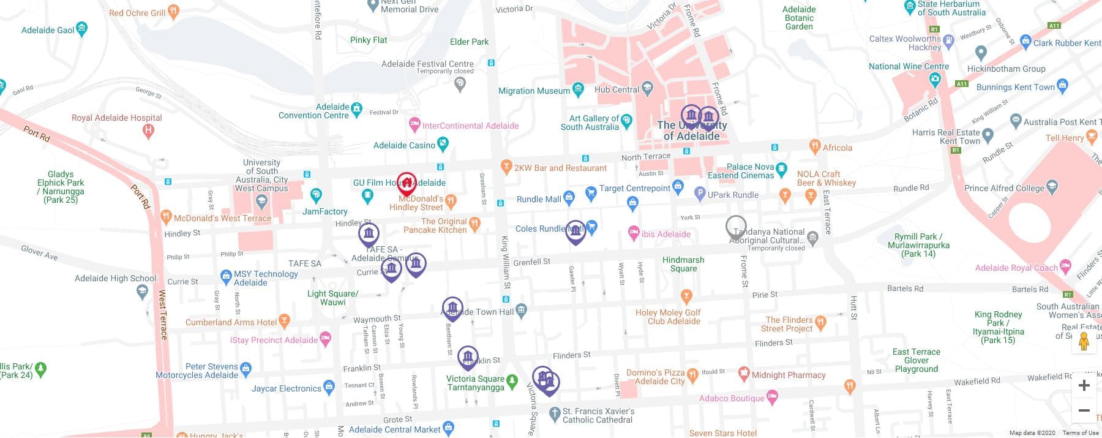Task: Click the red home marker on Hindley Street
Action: tap(407, 183)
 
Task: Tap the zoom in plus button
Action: tap(1084, 385)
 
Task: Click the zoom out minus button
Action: tap(1084, 410)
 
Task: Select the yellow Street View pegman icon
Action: tap(1084, 342)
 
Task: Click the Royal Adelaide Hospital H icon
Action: tap(148, 130)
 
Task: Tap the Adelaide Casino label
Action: tap(404, 145)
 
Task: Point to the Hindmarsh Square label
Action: tap(683, 264)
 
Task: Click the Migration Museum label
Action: tap(534, 91)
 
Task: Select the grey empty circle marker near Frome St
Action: tap(736, 226)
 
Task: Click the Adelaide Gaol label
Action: tap(48, 30)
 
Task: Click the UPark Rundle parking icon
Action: tap(699, 195)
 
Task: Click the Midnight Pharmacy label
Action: tap(789, 375)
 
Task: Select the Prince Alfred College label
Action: tap(1004, 188)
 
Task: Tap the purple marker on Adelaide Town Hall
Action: tap(452, 308)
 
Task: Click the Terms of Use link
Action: tap(1081, 433)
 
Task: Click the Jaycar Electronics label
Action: tap(286, 388)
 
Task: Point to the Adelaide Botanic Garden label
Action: tap(799, 18)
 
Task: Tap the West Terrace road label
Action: tap(163, 315)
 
